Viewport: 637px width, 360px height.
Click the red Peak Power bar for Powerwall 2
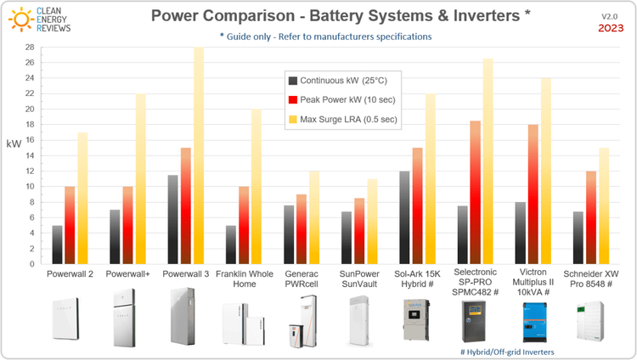pyautogui.click(x=70, y=225)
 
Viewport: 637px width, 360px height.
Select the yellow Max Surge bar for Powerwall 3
pyautogui.click(x=199, y=157)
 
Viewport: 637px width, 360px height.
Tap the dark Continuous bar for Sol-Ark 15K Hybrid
pyautogui.click(x=403, y=217)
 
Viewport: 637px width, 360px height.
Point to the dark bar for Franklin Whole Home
pyautogui.click(x=231, y=245)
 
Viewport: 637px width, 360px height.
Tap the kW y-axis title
pyautogui.click(x=14, y=145)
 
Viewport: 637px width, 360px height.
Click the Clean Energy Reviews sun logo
pyautogui.click(x=18, y=18)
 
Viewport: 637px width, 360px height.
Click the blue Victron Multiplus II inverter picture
pyautogui.click(x=533, y=321)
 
